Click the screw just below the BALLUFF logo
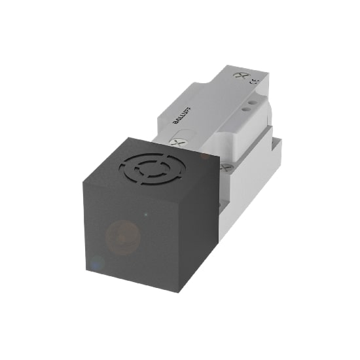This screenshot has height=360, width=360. [x=176, y=141]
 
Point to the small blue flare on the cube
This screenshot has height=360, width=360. [x=97, y=263]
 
